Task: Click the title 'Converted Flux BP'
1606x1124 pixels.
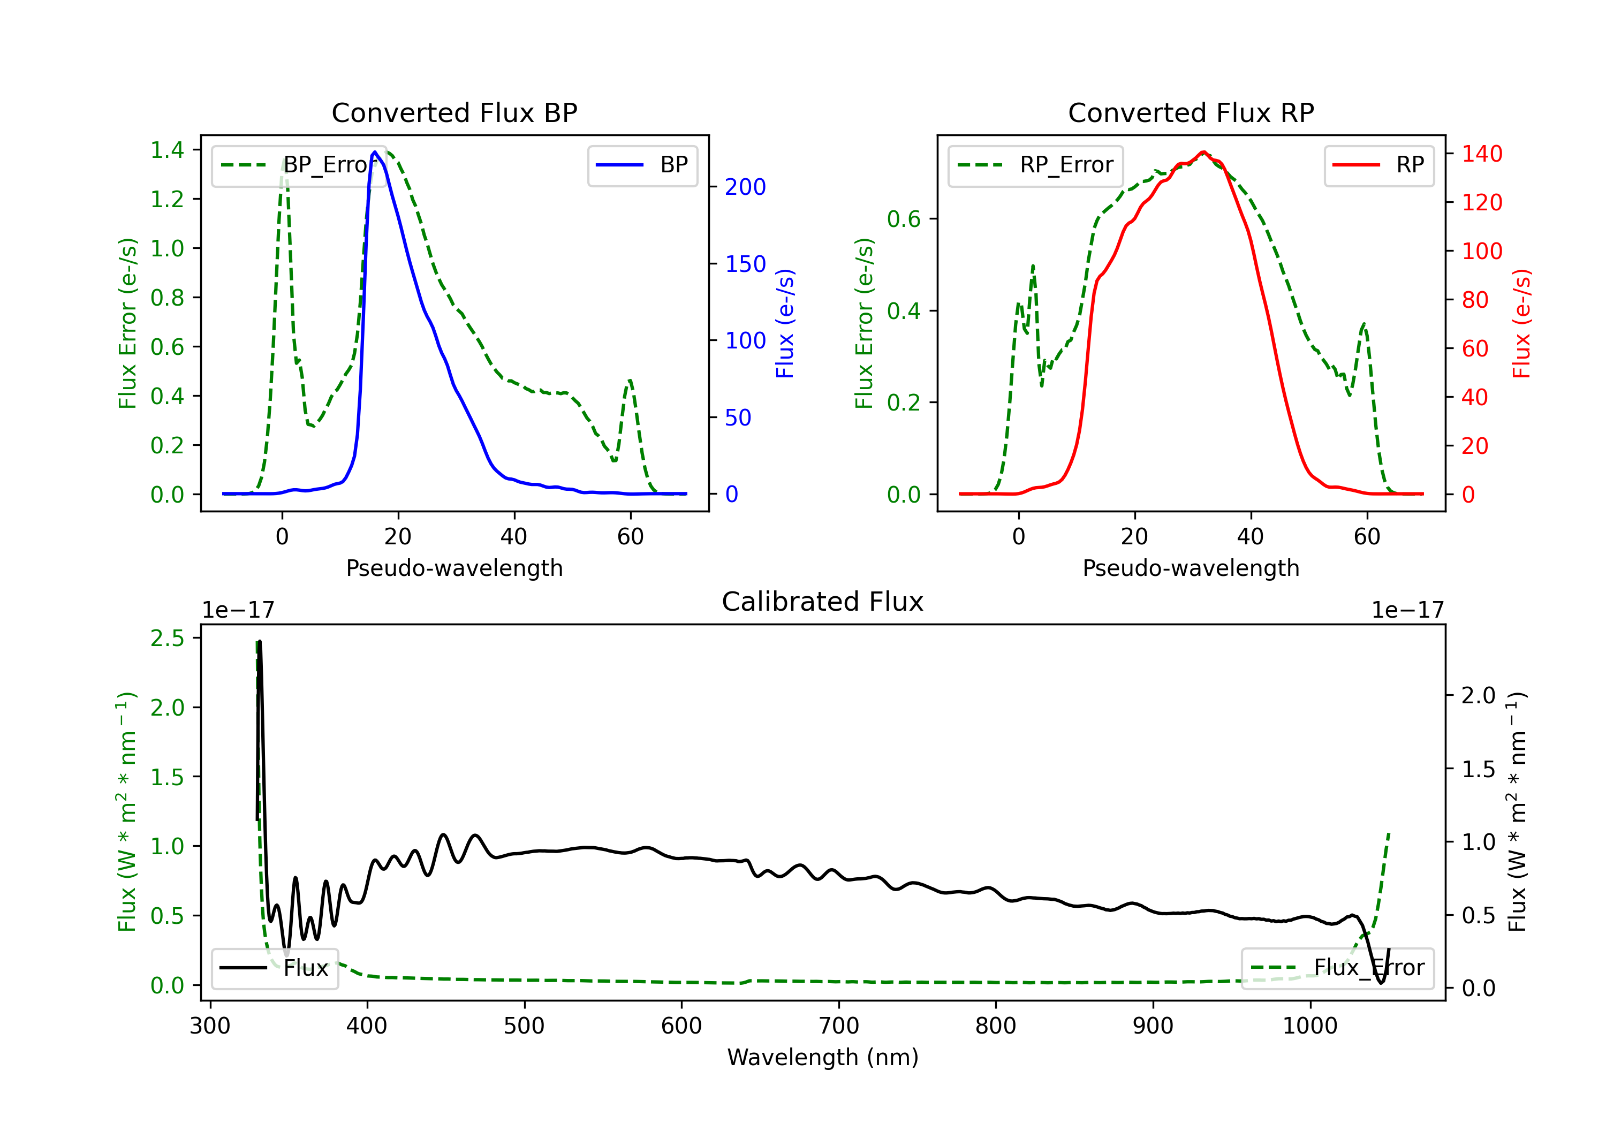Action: [454, 112]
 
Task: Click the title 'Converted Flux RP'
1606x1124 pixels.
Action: [1191, 112]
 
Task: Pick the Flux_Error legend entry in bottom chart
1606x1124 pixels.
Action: [1337, 968]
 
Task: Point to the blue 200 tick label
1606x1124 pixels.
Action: [745, 187]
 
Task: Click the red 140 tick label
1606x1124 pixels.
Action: [1481, 153]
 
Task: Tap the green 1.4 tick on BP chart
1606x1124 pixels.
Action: [167, 150]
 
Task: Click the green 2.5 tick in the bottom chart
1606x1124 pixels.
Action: [167, 638]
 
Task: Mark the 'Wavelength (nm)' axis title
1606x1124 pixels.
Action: [823, 1057]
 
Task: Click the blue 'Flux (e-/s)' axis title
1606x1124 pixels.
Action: [785, 323]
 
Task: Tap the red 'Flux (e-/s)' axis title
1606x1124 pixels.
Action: [1521, 323]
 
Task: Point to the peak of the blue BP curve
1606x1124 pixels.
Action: [375, 152]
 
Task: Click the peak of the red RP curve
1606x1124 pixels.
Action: [1203, 152]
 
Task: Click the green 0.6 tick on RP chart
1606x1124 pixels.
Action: [904, 219]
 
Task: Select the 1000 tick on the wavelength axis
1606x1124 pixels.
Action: [1309, 1026]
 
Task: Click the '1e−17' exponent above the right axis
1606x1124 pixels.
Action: [1407, 611]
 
